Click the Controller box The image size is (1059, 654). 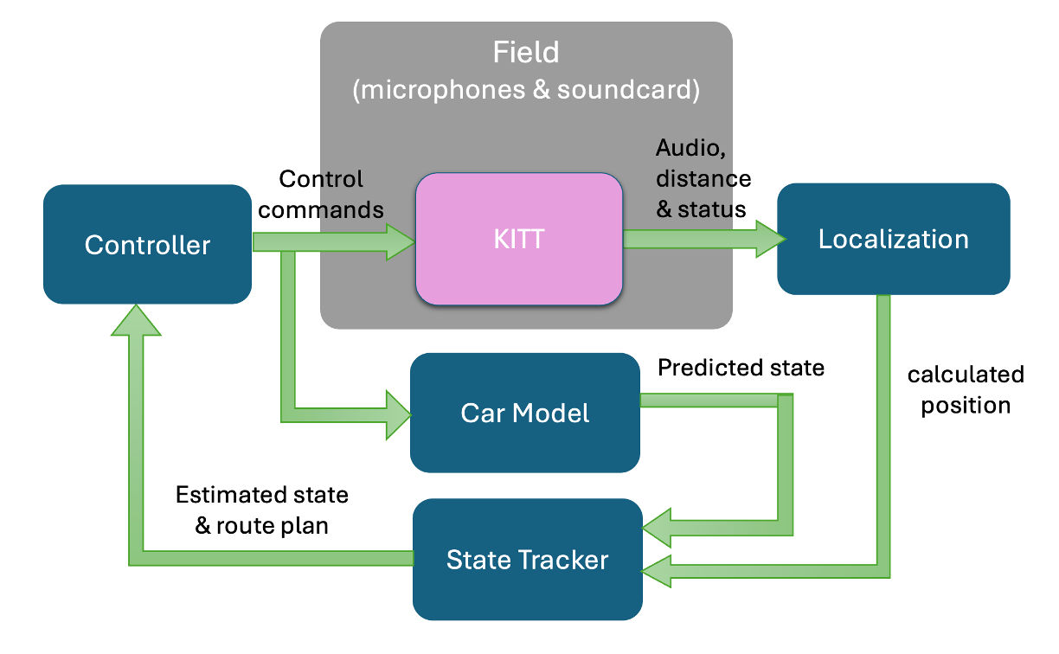(x=147, y=245)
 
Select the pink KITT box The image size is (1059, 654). (x=519, y=239)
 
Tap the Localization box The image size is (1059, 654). (x=893, y=239)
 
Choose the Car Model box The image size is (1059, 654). (x=525, y=413)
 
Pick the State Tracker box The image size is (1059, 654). (x=527, y=560)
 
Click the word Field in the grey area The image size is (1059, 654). (x=526, y=53)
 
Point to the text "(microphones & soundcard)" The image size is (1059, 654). (x=526, y=90)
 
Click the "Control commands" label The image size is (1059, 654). (x=321, y=195)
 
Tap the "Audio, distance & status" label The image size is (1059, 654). (x=703, y=178)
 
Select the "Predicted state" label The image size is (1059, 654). (x=741, y=368)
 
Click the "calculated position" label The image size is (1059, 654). (x=966, y=389)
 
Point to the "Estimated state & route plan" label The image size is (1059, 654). (x=261, y=510)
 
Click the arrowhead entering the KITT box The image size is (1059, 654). (x=399, y=241)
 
